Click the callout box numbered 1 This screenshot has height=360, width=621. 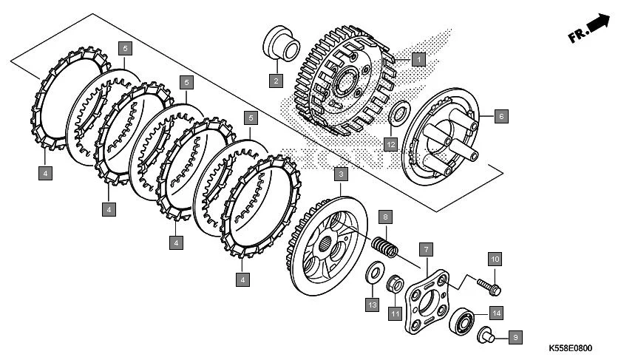click(x=418, y=58)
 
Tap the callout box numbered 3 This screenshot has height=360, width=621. click(x=341, y=174)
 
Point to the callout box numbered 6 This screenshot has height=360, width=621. click(x=500, y=116)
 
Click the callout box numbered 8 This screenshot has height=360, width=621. click(x=385, y=217)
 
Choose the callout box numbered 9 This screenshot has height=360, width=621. click(x=516, y=337)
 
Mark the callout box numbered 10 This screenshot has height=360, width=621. click(x=495, y=259)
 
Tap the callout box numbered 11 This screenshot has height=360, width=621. click(x=396, y=314)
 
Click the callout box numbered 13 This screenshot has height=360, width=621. click(x=373, y=305)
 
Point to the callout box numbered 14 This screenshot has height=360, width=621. click(x=495, y=313)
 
